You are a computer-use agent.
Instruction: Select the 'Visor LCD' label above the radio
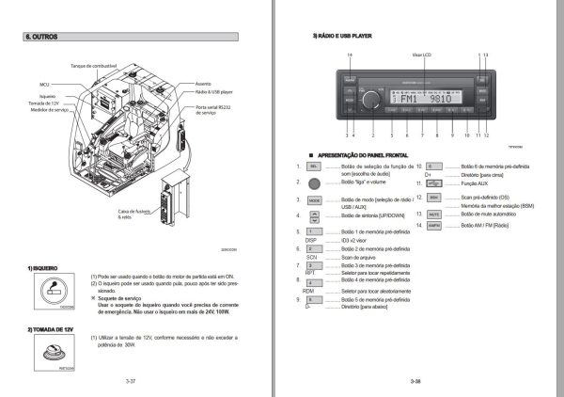coord(424,57)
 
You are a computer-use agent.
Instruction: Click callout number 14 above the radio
coord(350,57)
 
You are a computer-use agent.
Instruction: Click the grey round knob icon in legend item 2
coord(313,183)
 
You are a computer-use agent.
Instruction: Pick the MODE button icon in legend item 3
coord(314,200)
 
